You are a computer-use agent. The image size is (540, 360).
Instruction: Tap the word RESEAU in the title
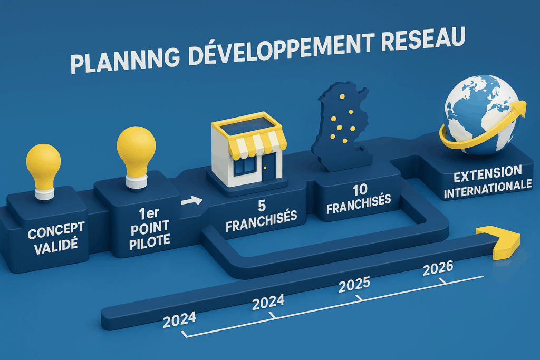pyautogui.click(x=424, y=38)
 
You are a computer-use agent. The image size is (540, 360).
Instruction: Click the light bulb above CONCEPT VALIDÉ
pyautogui.click(x=43, y=172)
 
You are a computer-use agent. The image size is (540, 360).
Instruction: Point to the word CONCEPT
pyautogui.click(x=56, y=230)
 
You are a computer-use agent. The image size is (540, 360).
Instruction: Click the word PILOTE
pyautogui.click(x=149, y=241)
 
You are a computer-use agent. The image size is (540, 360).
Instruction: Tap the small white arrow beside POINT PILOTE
pyautogui.click(x=191, y=201)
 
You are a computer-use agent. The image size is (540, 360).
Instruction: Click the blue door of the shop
pyautogui.click(x=269, y=167)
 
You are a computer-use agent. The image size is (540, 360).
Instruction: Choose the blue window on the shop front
pyautogui.click(x=245, y=167)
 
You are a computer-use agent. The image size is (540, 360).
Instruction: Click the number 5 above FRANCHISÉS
pyautogui.click(x=262, y=206)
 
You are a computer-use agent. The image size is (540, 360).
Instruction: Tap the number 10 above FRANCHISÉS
pyautogui.click(x=360, y=190)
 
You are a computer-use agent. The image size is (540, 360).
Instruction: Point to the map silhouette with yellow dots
pyautogui.click(x=342, y=126)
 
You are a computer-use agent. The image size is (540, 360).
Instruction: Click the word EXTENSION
pyautogui.click(x=487, y=174)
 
